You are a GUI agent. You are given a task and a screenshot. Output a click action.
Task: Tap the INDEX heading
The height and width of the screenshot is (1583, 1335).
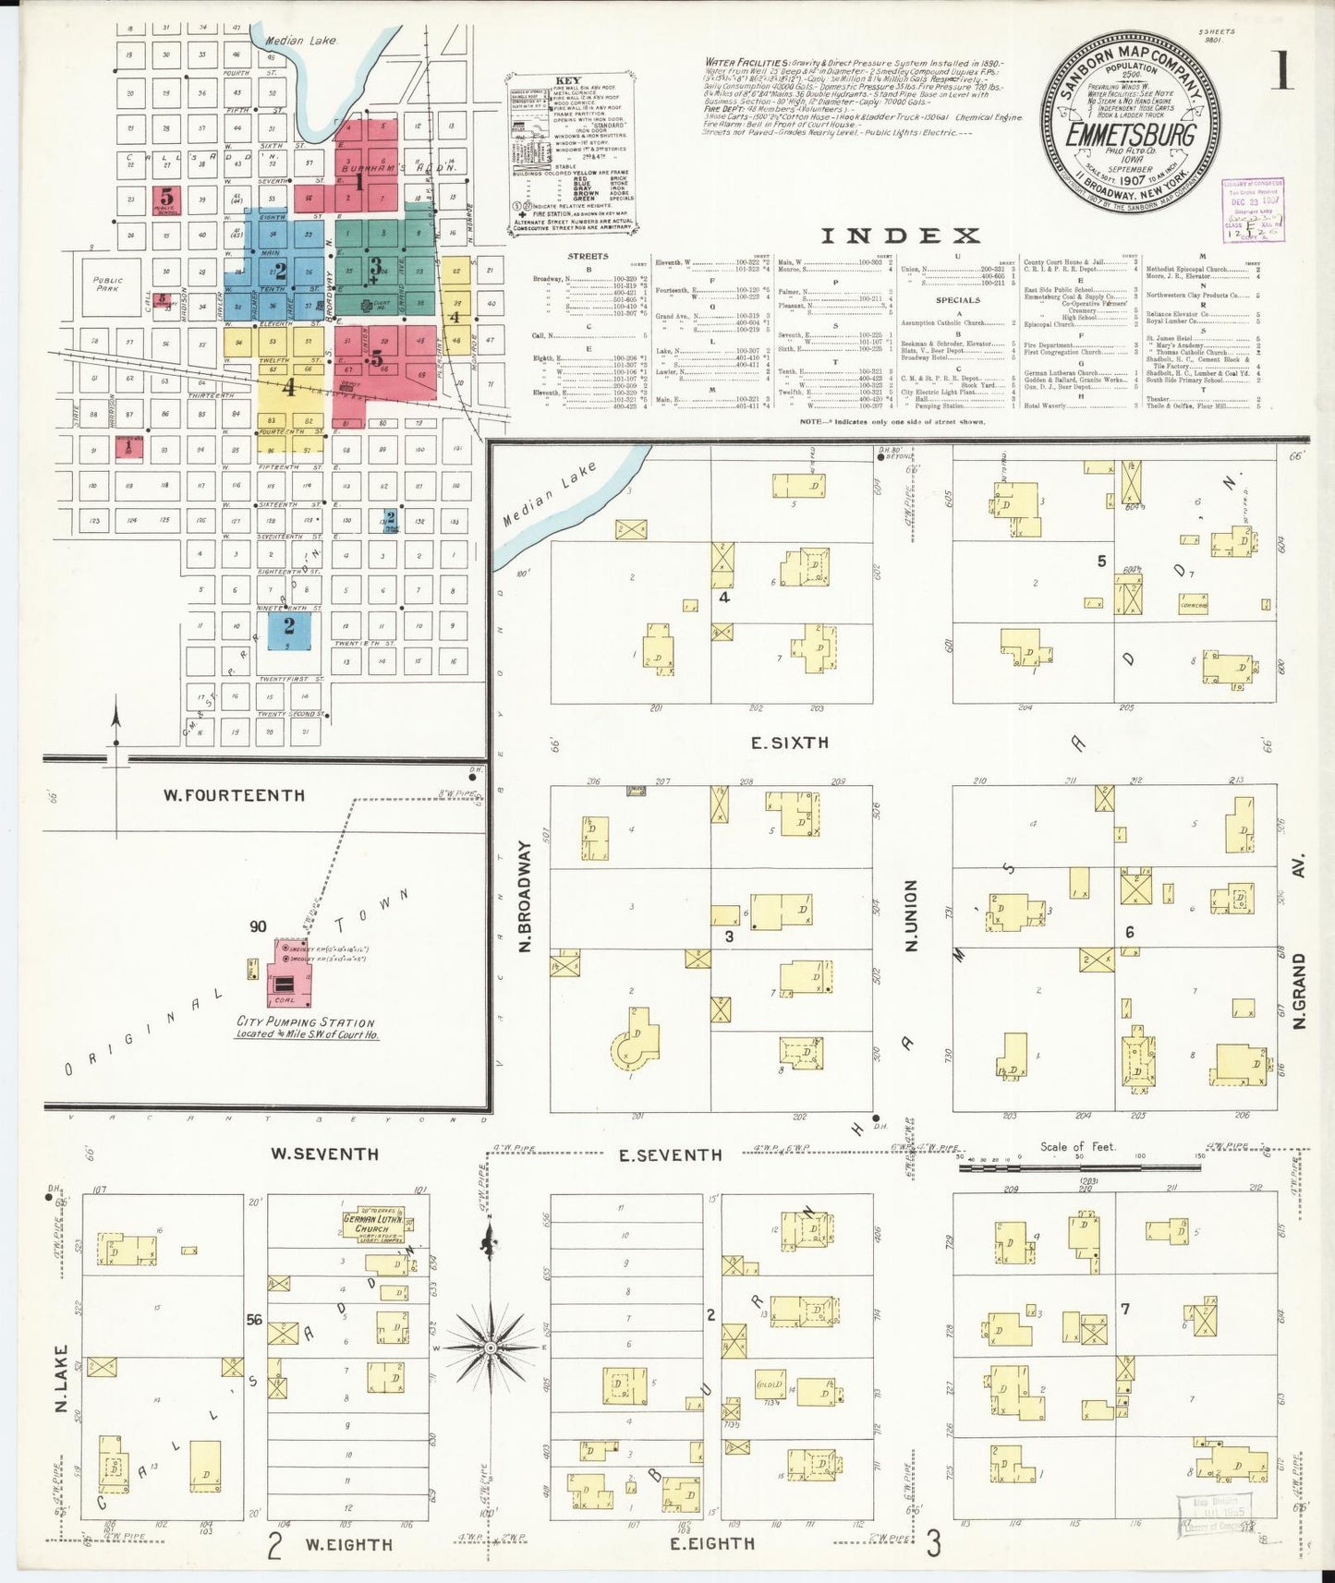coord(901,236)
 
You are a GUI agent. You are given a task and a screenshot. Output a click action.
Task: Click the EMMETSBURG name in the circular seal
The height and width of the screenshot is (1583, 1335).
coord(1130,135)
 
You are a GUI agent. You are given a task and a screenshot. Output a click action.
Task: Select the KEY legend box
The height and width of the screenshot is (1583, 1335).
coord(568,154)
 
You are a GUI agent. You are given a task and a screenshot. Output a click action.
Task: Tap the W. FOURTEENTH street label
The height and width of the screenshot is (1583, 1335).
coord(234,795)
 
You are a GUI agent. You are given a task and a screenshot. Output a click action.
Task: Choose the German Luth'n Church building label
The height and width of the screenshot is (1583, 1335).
coord(378,1224)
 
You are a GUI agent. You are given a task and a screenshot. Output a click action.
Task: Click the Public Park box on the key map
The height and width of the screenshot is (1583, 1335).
coord(108,284)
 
